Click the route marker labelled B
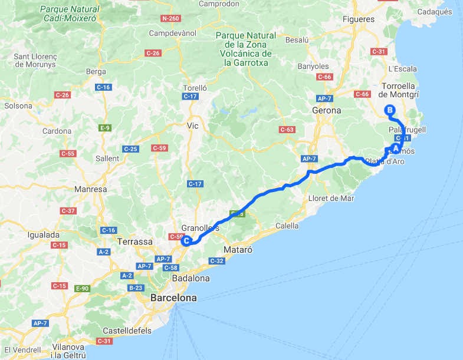pos(389,109)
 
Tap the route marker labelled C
pos(186,240)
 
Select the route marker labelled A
pos(395,148)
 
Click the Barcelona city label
pos(173,298)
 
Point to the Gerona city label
pos(327,110)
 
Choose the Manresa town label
pos(91,190)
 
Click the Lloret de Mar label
pos(331,199)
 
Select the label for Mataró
pos(238,250)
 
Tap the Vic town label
pos(193,125)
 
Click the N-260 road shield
pos(170,18)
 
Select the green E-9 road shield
pos(106,127)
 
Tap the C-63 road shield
pos(287,129)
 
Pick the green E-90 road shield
pos(81,288)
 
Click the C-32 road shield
pos(216,260)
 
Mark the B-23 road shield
pos(135,288)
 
